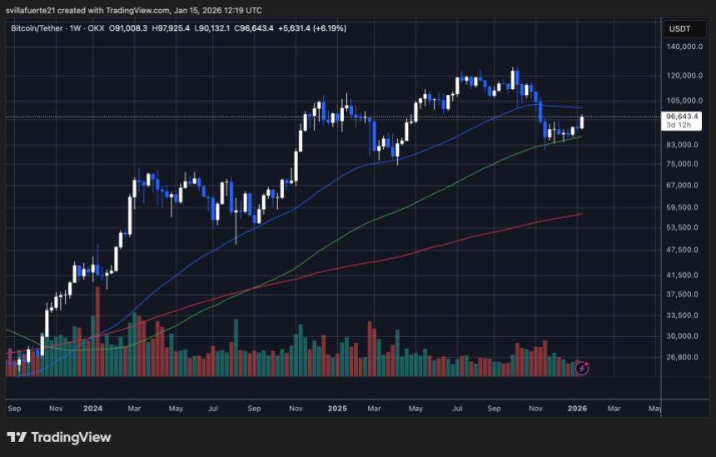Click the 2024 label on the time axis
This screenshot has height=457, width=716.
[x=92, y=409]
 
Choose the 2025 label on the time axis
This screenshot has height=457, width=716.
[x=337, y=409]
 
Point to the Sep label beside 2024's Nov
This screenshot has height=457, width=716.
[x=14, y=409]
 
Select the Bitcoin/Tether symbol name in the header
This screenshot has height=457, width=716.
[x=40, y=28]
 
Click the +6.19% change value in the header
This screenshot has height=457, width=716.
[x=330, y=28]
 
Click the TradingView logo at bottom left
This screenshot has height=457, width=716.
[x=58, y=438]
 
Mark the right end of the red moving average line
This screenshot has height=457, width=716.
[x=581, y=214]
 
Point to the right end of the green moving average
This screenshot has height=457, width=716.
[x=581, y=137]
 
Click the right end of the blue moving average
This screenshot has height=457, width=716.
[x=581, y=108]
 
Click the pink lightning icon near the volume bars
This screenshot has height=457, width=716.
[x=582, y=367]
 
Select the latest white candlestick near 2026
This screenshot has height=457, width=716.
[x=581, y=122]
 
